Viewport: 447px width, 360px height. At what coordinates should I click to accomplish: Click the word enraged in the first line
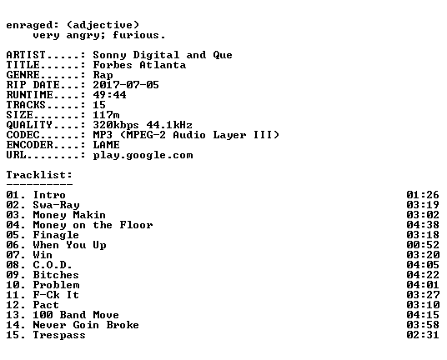pyautogui.click(x=29, y=25)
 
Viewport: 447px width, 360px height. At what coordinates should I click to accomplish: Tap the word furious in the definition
pyautogui.click(x=136, y=35)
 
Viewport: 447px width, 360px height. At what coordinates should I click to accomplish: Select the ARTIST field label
pyautogui.click(x=26, y=55)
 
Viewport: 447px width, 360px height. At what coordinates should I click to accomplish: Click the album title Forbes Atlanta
pyautogui.click(x=139, y=65)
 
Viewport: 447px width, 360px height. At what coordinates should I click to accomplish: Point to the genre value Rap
pyautogui.click(x=103, y=75)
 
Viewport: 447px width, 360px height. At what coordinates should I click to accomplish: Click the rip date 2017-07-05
pyautogui.click(x=126, y=85)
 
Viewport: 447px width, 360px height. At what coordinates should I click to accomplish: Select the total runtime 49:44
pyautogui.click(x=109, y=95)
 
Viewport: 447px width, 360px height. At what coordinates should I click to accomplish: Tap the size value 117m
pyautogui.click(x=106, y=115)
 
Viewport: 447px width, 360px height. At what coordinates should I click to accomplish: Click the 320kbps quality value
pyautogui.click(x=116, y=125)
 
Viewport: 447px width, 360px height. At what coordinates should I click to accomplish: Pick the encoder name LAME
pyautogui.click(x=106, y=145)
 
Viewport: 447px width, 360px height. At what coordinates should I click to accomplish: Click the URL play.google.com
pyautogui.click(x=143, y=155)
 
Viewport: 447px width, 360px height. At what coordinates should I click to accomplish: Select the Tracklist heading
pyautogui.click(x=39, y=175)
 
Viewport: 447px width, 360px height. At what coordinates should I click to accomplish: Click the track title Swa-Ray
pyautogui.click(x=56, y=205)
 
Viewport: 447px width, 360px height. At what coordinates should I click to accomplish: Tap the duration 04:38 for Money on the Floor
pyautogui.click(x=423, y=225)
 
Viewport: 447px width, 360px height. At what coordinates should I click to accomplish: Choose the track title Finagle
pyautogui.click(x=56, y=235)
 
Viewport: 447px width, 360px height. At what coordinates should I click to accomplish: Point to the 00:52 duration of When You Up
pyautogui.click(x=423, y=245)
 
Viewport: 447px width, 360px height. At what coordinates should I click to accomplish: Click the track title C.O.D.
pyautogui.click(x=53, y=265)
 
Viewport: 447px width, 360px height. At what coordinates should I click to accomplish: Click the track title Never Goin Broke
pyautogui.click(x=86, y=325)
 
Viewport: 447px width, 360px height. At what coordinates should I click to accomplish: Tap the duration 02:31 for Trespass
pyautogui.click(x=423, y=335)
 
